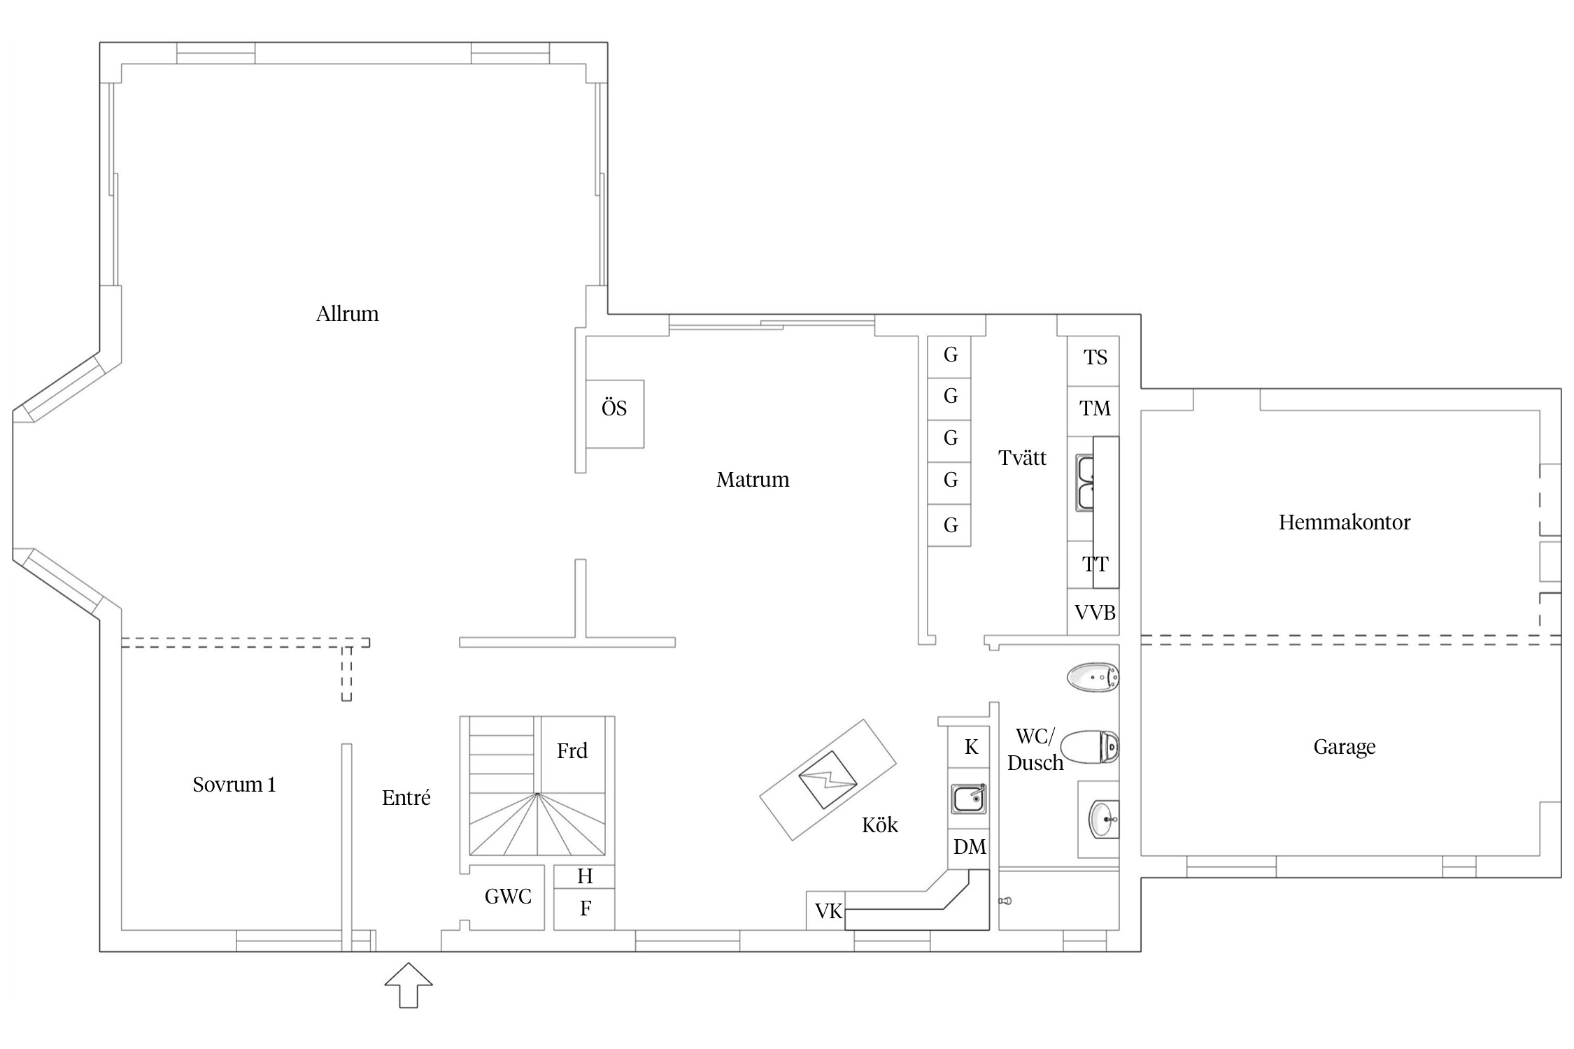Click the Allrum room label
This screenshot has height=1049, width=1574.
347,314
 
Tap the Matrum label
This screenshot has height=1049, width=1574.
753,480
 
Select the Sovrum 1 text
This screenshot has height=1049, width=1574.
234,785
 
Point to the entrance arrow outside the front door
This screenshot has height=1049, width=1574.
409,985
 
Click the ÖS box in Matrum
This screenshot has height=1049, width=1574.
614,414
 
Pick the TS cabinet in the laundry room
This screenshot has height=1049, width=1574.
1093,361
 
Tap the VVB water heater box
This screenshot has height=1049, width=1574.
1093,613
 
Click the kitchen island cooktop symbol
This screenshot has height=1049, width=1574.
828,780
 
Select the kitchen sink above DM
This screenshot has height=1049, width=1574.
969,799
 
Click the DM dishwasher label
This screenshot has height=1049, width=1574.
970,848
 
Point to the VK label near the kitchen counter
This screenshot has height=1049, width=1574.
829,911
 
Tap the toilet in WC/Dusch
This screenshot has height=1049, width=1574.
1090,746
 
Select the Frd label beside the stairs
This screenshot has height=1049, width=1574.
572,751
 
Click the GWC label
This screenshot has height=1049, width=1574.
508,897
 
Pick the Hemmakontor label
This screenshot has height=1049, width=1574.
1345,522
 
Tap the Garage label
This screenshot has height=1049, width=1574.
1345,747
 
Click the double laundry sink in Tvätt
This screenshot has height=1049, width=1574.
1085,483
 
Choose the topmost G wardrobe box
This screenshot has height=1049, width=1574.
949,357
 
